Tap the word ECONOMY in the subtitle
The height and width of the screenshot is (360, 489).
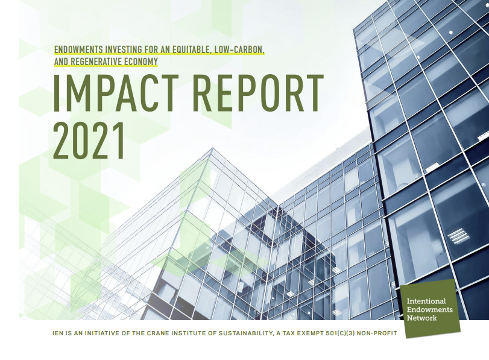click(x=140, y=62)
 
